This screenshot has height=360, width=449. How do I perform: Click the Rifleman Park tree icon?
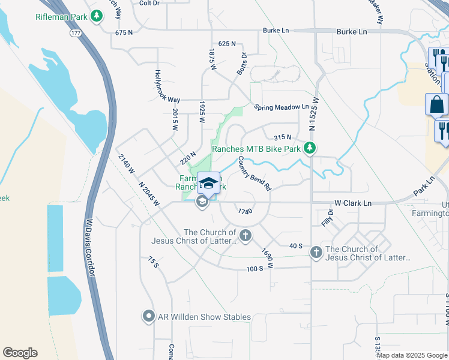click(95, 17)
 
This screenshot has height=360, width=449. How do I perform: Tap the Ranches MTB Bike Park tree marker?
click(309, 148)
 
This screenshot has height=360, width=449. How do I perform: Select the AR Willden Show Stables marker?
click(148, 316)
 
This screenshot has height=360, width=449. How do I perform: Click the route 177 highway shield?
click(76, 34)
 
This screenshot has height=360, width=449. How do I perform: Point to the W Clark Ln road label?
click(353, 203)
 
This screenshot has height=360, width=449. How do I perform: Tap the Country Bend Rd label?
click(255, 173)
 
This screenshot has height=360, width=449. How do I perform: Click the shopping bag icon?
click(436, 104)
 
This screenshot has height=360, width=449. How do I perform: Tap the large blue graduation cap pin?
click(208, 183)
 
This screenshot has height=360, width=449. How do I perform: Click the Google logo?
click(20, 353)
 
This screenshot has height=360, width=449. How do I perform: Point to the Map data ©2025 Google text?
click(412, 355)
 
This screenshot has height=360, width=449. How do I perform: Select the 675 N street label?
click(123, 32)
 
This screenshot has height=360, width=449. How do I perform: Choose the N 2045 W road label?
click(149, 194)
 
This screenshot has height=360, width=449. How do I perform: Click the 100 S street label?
click(255, 268)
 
